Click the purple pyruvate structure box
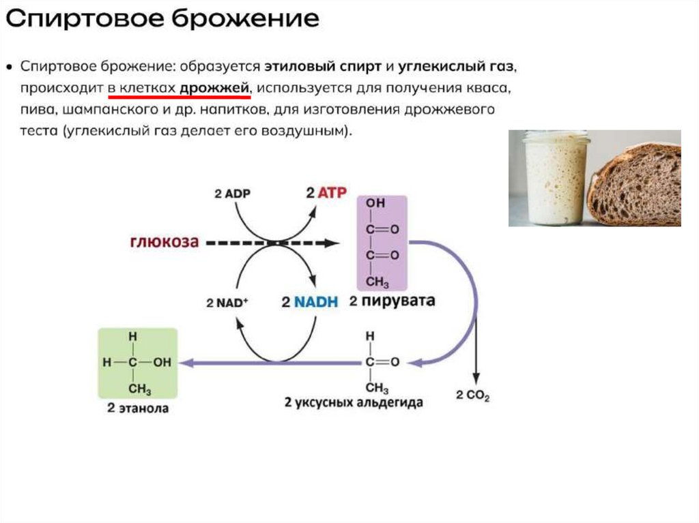tap(382, 242)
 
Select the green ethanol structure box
tap(138, 363)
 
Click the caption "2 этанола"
tap(138, 409)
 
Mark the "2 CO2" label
tap(472, 396)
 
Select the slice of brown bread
tap(635, 184)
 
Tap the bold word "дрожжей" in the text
tap(216, 89)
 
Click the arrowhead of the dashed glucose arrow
tap(332, 243)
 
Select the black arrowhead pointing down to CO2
tap(476, 378)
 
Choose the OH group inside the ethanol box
tap(162, 363)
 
